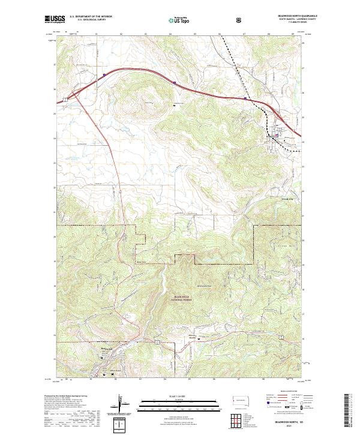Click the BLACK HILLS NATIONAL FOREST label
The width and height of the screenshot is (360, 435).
172,298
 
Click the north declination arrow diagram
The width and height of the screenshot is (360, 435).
121,408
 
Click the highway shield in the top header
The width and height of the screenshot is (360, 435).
240,20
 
